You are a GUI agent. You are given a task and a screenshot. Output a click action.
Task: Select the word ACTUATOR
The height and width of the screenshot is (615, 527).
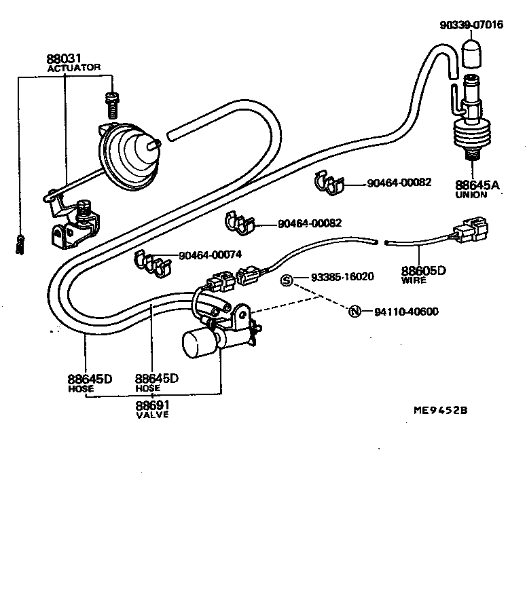(74, 68)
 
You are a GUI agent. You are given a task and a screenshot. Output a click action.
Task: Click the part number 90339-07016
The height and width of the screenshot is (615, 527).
(471, 25)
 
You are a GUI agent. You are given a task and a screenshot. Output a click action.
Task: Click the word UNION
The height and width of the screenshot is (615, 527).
(471, 195)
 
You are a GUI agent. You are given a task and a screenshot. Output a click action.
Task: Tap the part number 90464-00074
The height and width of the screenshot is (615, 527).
(210, 255)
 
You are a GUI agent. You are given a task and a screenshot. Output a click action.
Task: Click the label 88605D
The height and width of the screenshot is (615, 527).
(422, 270)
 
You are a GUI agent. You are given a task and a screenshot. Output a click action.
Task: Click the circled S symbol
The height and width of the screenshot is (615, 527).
(287, 280)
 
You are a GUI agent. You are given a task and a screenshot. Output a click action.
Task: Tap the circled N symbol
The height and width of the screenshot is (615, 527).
(354, 312)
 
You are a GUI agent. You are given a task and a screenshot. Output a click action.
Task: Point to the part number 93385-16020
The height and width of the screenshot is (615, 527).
(342, 277)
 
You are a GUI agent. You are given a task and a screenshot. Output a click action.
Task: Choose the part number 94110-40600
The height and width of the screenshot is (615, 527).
(405, 312)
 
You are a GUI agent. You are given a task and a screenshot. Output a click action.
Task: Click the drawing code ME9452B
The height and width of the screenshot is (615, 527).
(439, 411)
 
